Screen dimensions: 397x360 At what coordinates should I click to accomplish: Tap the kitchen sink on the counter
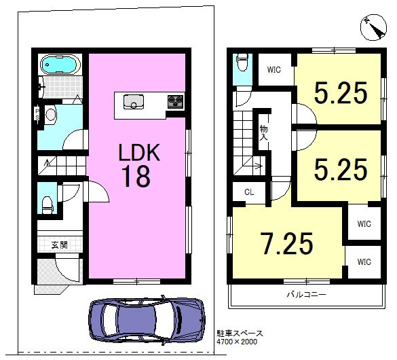click(134, 102)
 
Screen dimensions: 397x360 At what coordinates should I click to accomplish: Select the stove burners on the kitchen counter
click(175, 101)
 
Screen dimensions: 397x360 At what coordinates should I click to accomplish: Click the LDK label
click(139, 152)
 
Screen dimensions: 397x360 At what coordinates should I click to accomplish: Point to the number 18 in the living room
click(136, 177)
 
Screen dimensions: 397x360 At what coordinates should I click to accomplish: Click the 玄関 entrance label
click(60, 245)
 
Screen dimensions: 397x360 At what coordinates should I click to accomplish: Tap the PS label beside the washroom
click(37, 114)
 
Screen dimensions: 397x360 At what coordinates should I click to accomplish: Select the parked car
click(147, 321)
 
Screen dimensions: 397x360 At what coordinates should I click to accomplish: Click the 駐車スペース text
click(240, 334)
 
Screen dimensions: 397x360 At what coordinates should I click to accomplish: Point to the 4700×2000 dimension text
click(237, 342)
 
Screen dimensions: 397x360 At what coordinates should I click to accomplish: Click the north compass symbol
click(373, 27)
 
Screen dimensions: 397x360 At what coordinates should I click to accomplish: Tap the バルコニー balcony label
click(306, 295)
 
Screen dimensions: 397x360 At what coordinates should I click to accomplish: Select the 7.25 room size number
click(287, 244)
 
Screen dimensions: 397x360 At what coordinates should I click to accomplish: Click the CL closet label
click(249, 192)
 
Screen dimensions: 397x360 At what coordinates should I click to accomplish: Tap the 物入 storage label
click(263, 132)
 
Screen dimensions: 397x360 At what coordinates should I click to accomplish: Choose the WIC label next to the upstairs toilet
click(274, 70)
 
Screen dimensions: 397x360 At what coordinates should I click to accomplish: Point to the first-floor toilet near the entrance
click(47, 204)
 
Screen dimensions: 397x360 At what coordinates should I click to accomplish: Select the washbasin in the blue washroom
click(51, 115)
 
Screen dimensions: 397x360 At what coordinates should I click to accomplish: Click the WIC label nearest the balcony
click(364, 262)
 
